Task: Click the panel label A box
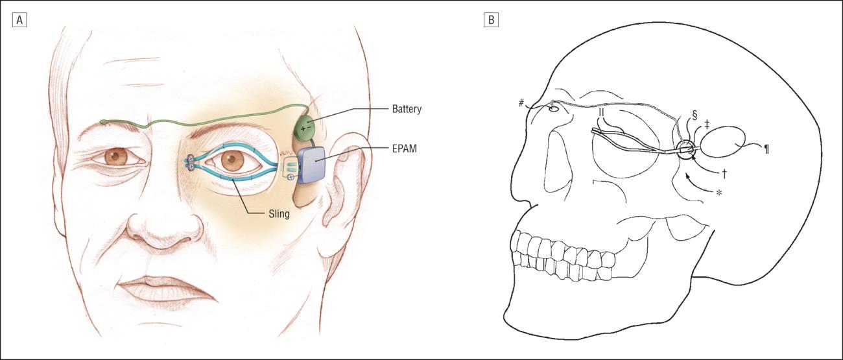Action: coord(19,20)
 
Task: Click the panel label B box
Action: coord(491,20)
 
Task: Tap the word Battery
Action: coord(407,109)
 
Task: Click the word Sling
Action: coord(279,214)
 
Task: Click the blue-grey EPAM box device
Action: coord(312,165)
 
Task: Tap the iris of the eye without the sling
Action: coord(115,157)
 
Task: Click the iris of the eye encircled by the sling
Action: coord(232,160)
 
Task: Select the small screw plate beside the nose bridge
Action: coord(191,163)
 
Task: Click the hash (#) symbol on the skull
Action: coord(521,102)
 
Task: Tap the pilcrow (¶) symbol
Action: coord(766,149)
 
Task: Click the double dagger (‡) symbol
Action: coord(707,125)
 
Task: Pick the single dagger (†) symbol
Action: coord(724,173)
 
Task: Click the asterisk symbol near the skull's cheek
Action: coord(719,193)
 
